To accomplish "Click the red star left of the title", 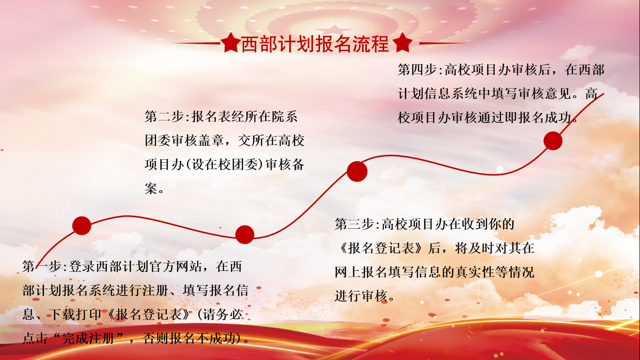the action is click(x=231, y=43).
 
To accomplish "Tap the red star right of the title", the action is click(x=402, y=43).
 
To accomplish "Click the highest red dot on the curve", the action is click(x=553, y=141).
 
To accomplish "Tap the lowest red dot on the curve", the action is click(x=245, y=234).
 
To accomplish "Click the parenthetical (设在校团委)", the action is click(x=224, y=165).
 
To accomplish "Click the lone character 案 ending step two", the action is click(x=151, y=188).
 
